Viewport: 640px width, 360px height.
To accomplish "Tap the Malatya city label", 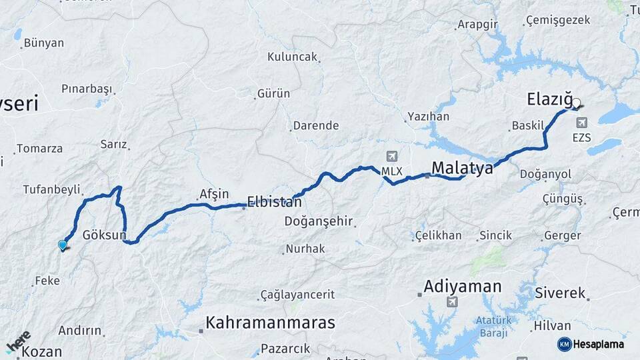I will pyautogui.click(x=462, y=167).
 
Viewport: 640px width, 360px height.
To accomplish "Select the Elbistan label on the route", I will pyautogui.click(x=274, y=201).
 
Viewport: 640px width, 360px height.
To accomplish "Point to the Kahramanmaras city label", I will pyautogui.click(x=270, y=323).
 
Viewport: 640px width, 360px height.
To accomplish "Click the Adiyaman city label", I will pyautogui.click(x=462, y=287).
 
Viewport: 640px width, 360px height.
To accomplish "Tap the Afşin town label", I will pyautogui.click(x=213, y=194).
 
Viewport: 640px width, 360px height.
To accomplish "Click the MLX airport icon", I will pyautogui.click(x=391, y=157).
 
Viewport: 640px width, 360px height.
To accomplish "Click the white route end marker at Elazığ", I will pyautogui.click(x=577, y=103).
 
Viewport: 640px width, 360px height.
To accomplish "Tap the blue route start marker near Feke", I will pyautogui.click(x=63, y=245).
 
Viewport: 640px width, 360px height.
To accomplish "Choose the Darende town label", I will pyautogui.click(x=316, y=125).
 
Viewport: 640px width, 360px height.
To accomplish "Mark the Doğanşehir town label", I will pyautogui.click(x=319, y=221).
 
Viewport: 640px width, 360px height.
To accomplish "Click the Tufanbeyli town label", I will pyautogui.click(x=51, y=189).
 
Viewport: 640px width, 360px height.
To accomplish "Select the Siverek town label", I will pyautogui.click(x=560, y=293).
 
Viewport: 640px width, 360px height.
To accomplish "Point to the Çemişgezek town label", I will pyautogui.click(x=558, y=20).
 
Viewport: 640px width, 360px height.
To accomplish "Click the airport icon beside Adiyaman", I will pyautogui.click(x=453, y=303).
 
